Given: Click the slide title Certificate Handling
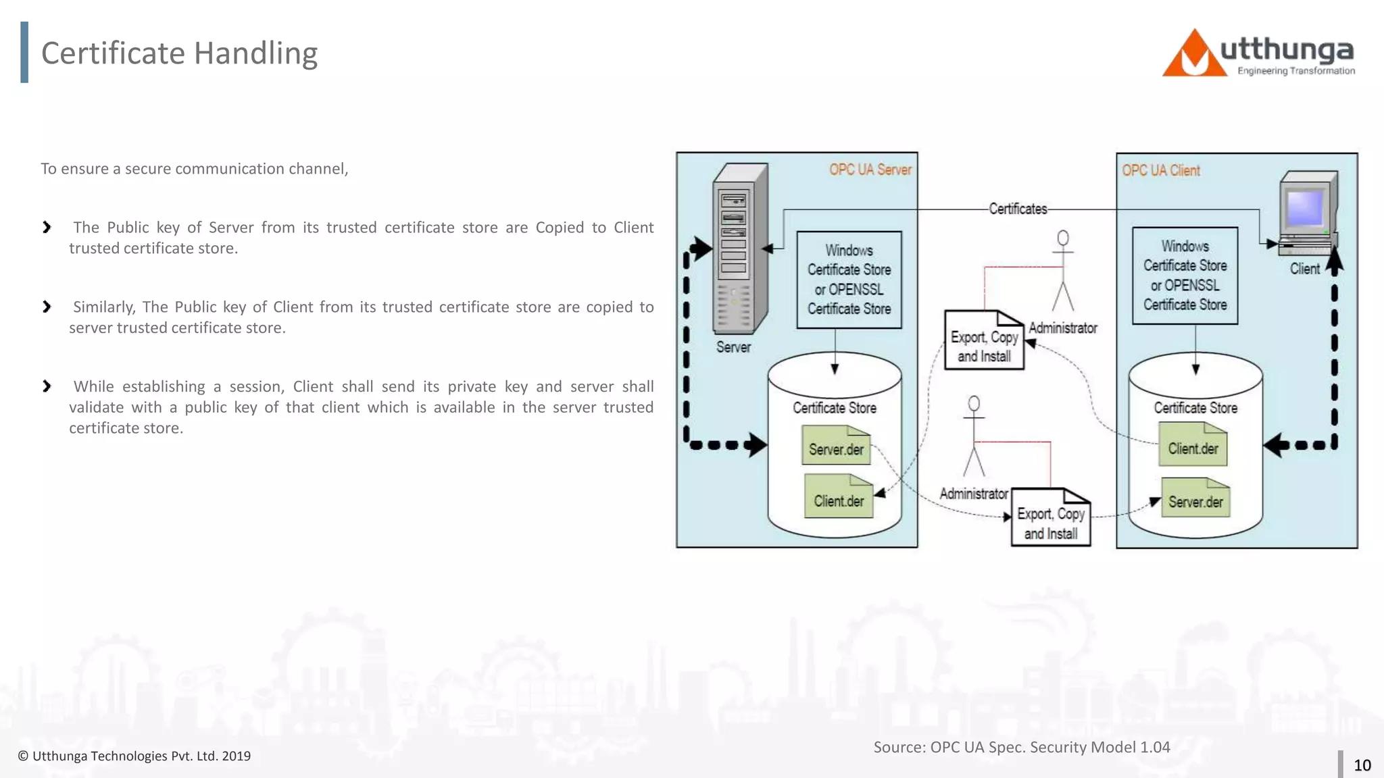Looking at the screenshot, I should tap(179, 53).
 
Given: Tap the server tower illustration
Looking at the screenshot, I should tap(739, 249).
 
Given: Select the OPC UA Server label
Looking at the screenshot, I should tap(870, 170).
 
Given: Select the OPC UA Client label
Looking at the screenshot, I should tap(1161, 171).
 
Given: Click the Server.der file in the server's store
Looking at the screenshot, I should tap(836, 446).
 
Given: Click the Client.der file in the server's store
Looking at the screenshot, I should tap(839, 497).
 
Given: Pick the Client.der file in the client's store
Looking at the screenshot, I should tap(1193, 445).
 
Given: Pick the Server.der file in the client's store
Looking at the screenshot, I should tap(1195, 498).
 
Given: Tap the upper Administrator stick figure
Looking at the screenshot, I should tap(1063, 270).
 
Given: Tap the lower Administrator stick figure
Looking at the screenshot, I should tap(974, 436).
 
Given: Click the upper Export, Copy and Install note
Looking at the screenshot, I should tap(984, 340).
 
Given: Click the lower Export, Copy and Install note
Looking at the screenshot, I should tap(1050, 517).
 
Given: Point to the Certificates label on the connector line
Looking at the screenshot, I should tap(1018, 209).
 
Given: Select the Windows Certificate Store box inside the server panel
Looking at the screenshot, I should tap(849, 280).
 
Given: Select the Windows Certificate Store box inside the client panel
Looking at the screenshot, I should tap(1185, 276).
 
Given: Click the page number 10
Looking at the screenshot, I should tap(1362, 765).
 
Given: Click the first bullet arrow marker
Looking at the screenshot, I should tap(47, 228).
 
